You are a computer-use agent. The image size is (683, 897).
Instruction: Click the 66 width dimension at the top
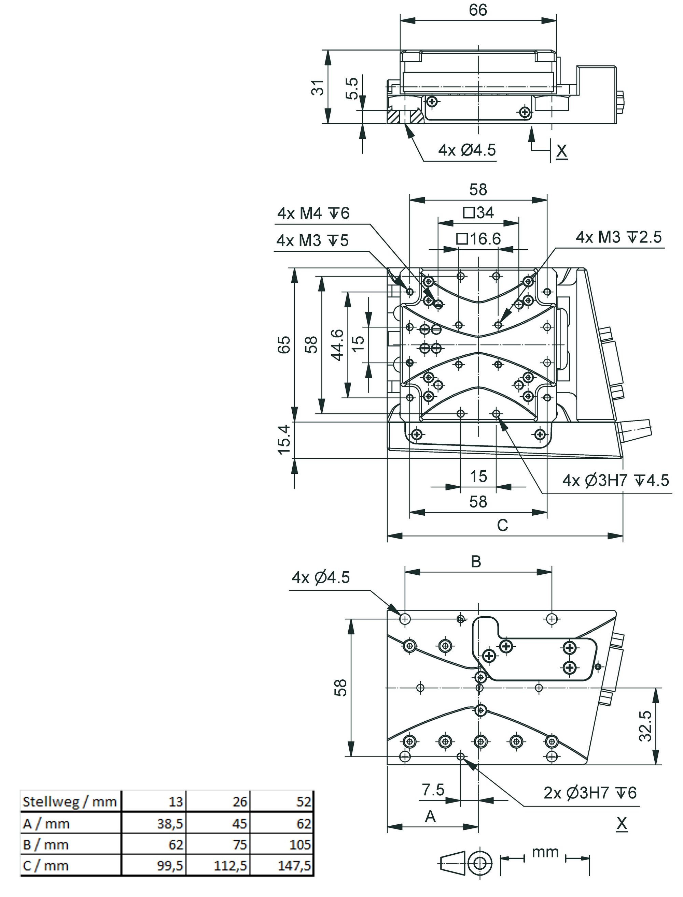(x=478, y=10)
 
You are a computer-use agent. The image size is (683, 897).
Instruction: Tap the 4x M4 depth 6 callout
(x=313, y=213)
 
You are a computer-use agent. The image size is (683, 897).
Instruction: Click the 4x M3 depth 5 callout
(x=312, y=240)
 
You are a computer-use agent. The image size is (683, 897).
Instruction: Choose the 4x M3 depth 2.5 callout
(x=619, y=237)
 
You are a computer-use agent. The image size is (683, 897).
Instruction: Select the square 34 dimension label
(x=478, y=212)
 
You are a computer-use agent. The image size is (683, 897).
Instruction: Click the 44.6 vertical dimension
(x=338, y=344)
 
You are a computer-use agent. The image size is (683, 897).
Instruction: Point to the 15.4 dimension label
(x=284, y=439)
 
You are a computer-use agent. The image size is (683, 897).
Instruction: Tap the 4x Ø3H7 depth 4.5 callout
(x=615, y=480)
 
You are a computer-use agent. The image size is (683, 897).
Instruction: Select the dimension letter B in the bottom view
(x=476, y=562)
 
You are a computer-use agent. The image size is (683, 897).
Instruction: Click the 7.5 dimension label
(x=433, y=790)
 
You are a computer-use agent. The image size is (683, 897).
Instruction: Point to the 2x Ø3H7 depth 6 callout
(x=590, y=792)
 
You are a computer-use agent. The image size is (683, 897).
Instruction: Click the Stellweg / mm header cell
(x=70, y=802)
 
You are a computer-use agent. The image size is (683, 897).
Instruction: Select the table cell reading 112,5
(x=231, y=866)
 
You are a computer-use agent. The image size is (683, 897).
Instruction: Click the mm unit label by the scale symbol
(x=545, y=852)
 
